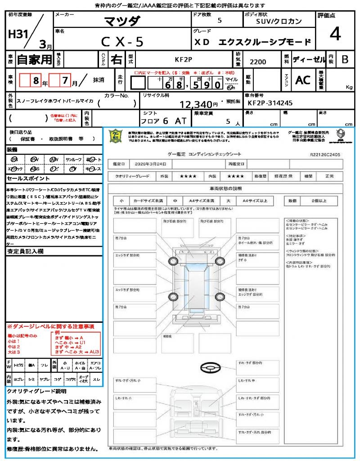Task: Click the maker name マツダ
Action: [x=122, y=21]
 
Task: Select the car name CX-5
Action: [x=122, y=42]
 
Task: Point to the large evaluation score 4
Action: [x=335, y=34]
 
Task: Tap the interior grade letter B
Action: [x=345, y=59]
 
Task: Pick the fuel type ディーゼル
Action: [x=309, y=59]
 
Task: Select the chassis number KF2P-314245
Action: [x=270, y=103]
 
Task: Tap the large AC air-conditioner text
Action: [x=302, y=80]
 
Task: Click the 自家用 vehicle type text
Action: [x=34, y=59]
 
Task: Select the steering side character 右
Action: [x=116, y=59]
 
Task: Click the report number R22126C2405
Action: [x=325, y=154]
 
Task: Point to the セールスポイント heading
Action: [x=25, y=178]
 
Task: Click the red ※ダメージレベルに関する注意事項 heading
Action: [x=50, y=326]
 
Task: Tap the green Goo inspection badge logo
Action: [x=117, y=136]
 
